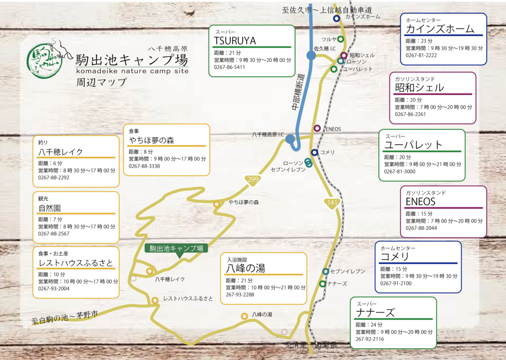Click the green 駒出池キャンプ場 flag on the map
176,249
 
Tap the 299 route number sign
253,180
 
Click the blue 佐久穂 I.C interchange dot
311,55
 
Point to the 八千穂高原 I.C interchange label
267,135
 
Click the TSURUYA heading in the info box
235,41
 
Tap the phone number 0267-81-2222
421,55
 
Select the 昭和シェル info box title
420,88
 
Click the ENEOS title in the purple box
421,202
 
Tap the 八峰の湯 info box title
246,269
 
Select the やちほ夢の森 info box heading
151,140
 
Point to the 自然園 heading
49,208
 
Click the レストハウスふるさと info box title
76,263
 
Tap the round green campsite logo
43,58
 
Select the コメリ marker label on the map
327,152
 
